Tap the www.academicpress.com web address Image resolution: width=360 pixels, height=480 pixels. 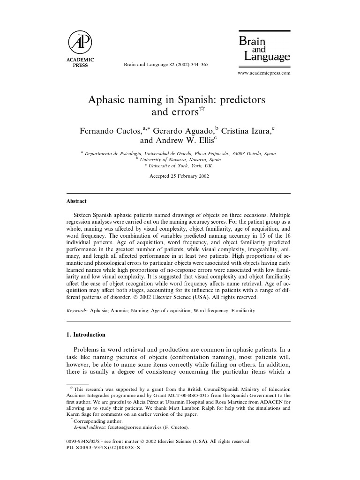[x=264, y=73]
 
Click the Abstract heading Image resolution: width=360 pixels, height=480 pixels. [x=76, y=201]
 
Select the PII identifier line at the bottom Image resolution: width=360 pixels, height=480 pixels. [x=104, y=448]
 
